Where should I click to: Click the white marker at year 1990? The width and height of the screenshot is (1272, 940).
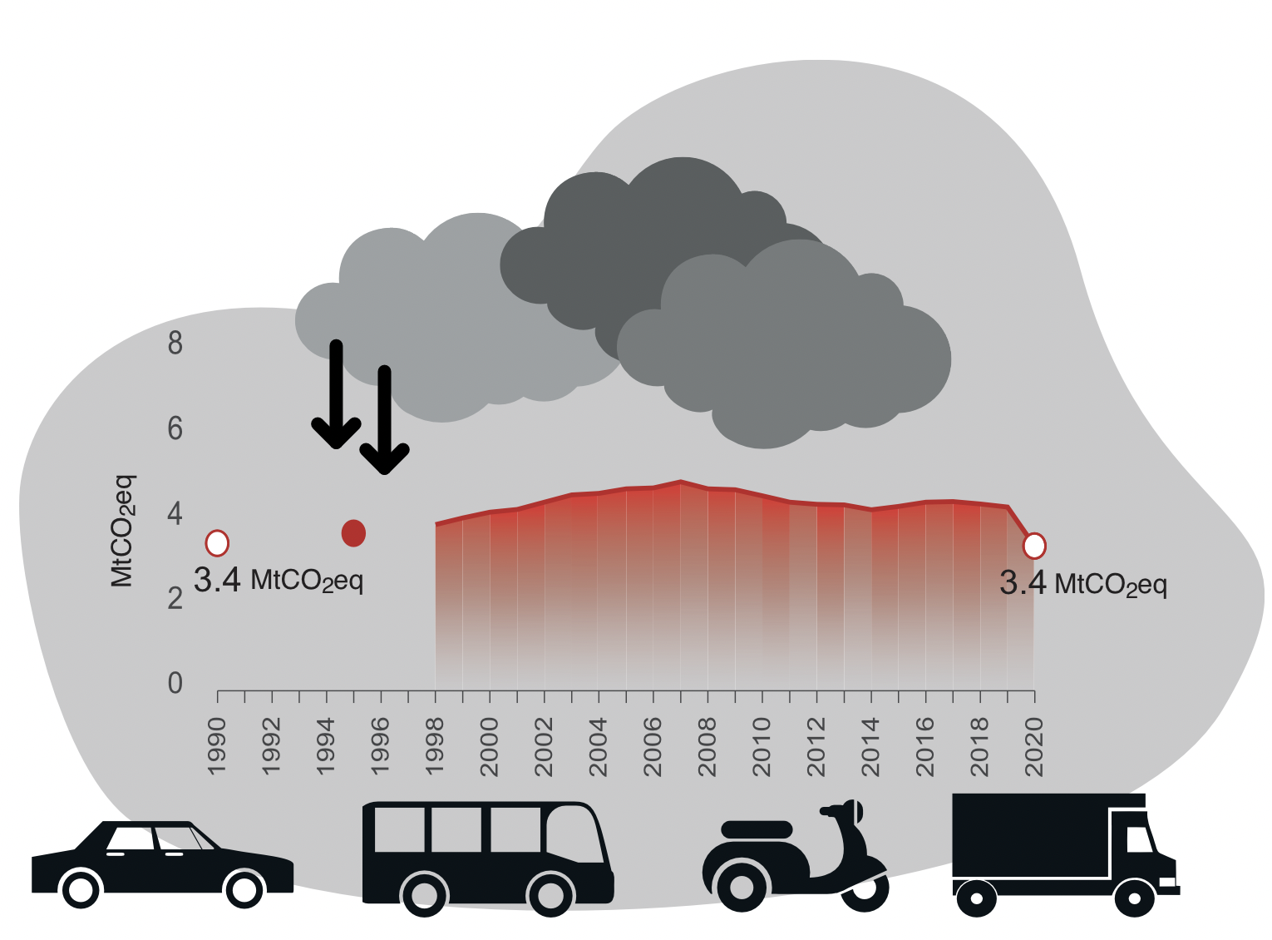pos(217,543)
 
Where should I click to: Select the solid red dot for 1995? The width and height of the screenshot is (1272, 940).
pos(353,533)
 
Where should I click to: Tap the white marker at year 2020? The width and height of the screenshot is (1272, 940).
pos(1034,546)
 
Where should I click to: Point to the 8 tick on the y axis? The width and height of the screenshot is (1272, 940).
pos(175,343)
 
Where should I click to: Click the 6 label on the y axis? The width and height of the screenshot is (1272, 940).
pos(175,429)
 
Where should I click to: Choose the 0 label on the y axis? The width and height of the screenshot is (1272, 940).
pos(175,683)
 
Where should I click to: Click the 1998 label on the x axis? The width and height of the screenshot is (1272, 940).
pos(435,747)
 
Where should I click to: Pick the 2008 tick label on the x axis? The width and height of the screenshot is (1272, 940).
pos(707,747)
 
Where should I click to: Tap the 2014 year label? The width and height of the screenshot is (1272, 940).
pos(870,747)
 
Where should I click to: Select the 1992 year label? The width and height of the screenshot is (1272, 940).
pos(272,747)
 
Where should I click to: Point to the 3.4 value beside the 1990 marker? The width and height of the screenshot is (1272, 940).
pos(216,581)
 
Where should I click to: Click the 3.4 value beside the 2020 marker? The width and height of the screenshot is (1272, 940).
pos(1022,583)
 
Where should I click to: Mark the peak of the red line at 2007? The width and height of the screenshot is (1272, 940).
pos(681,482)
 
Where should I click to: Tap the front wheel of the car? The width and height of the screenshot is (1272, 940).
pos(244,890)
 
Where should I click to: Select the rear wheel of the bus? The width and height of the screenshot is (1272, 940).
pos(425,893)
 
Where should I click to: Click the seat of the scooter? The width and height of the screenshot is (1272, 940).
pos(757,829)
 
